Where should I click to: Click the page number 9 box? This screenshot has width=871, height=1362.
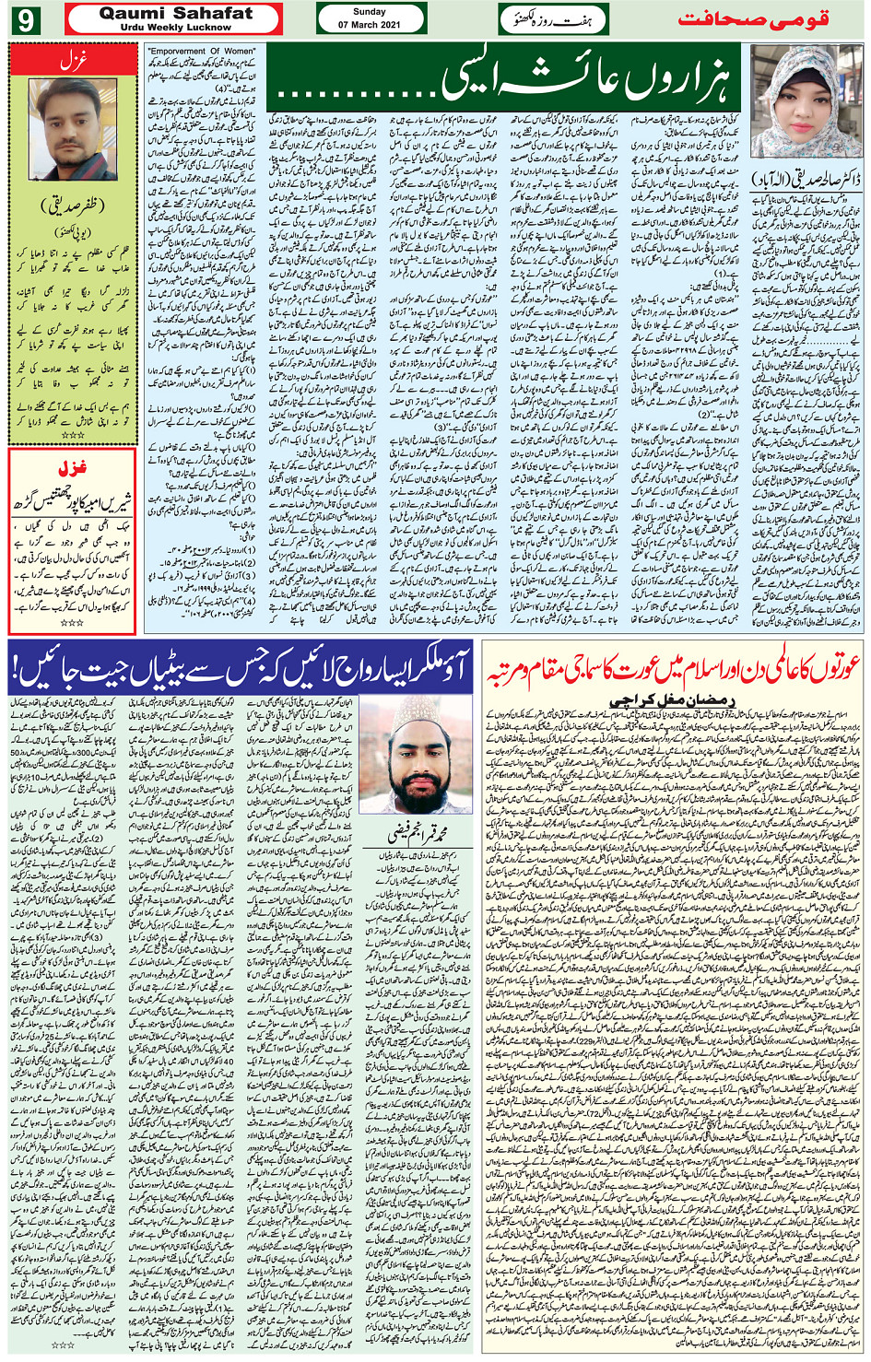[25, 18]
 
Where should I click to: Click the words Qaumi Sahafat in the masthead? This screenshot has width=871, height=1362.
[175, 13]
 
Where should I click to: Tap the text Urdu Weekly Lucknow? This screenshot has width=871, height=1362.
[175, 28]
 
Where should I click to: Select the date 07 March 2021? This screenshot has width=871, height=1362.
[371, 25]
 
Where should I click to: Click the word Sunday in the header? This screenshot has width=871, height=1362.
[370, 12]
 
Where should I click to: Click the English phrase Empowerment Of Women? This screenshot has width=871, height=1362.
[202, 52]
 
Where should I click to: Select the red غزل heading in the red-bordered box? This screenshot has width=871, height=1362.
[72, 467]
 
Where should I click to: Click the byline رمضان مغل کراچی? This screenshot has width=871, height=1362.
[673, 700]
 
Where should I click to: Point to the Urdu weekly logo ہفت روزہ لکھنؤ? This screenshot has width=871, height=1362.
[554, 18]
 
